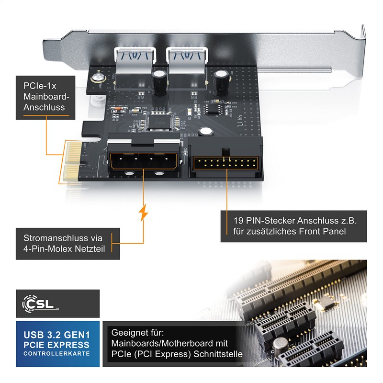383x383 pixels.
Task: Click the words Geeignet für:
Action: (137, 332)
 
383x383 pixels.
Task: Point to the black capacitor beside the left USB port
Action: (159, 79)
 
